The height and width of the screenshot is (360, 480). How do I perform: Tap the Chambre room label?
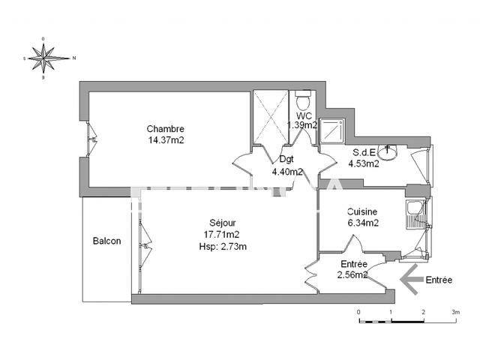[x=165, y=129]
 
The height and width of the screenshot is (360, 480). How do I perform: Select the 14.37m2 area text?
[x=165, y=139]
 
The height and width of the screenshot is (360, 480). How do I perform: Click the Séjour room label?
[x=223, y=223]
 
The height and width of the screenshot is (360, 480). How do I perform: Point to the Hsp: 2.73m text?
[x=223, y=247]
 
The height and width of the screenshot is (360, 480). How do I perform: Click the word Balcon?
[x=106, y=241]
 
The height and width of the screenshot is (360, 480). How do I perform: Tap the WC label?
[x=304, y=116]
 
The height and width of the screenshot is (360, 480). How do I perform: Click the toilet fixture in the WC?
[x=303, y=100]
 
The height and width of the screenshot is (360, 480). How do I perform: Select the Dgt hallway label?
[x=286, y=159]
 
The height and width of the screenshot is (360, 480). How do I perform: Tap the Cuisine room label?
[x=361, y=212]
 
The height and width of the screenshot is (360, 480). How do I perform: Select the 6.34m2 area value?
[x=362, y=223]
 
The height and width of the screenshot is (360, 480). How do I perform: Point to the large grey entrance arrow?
[x=411, y=280]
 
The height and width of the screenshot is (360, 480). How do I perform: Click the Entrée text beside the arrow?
[x=439, y=280]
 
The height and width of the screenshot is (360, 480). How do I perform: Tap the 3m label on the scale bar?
[x=454, y=310]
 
